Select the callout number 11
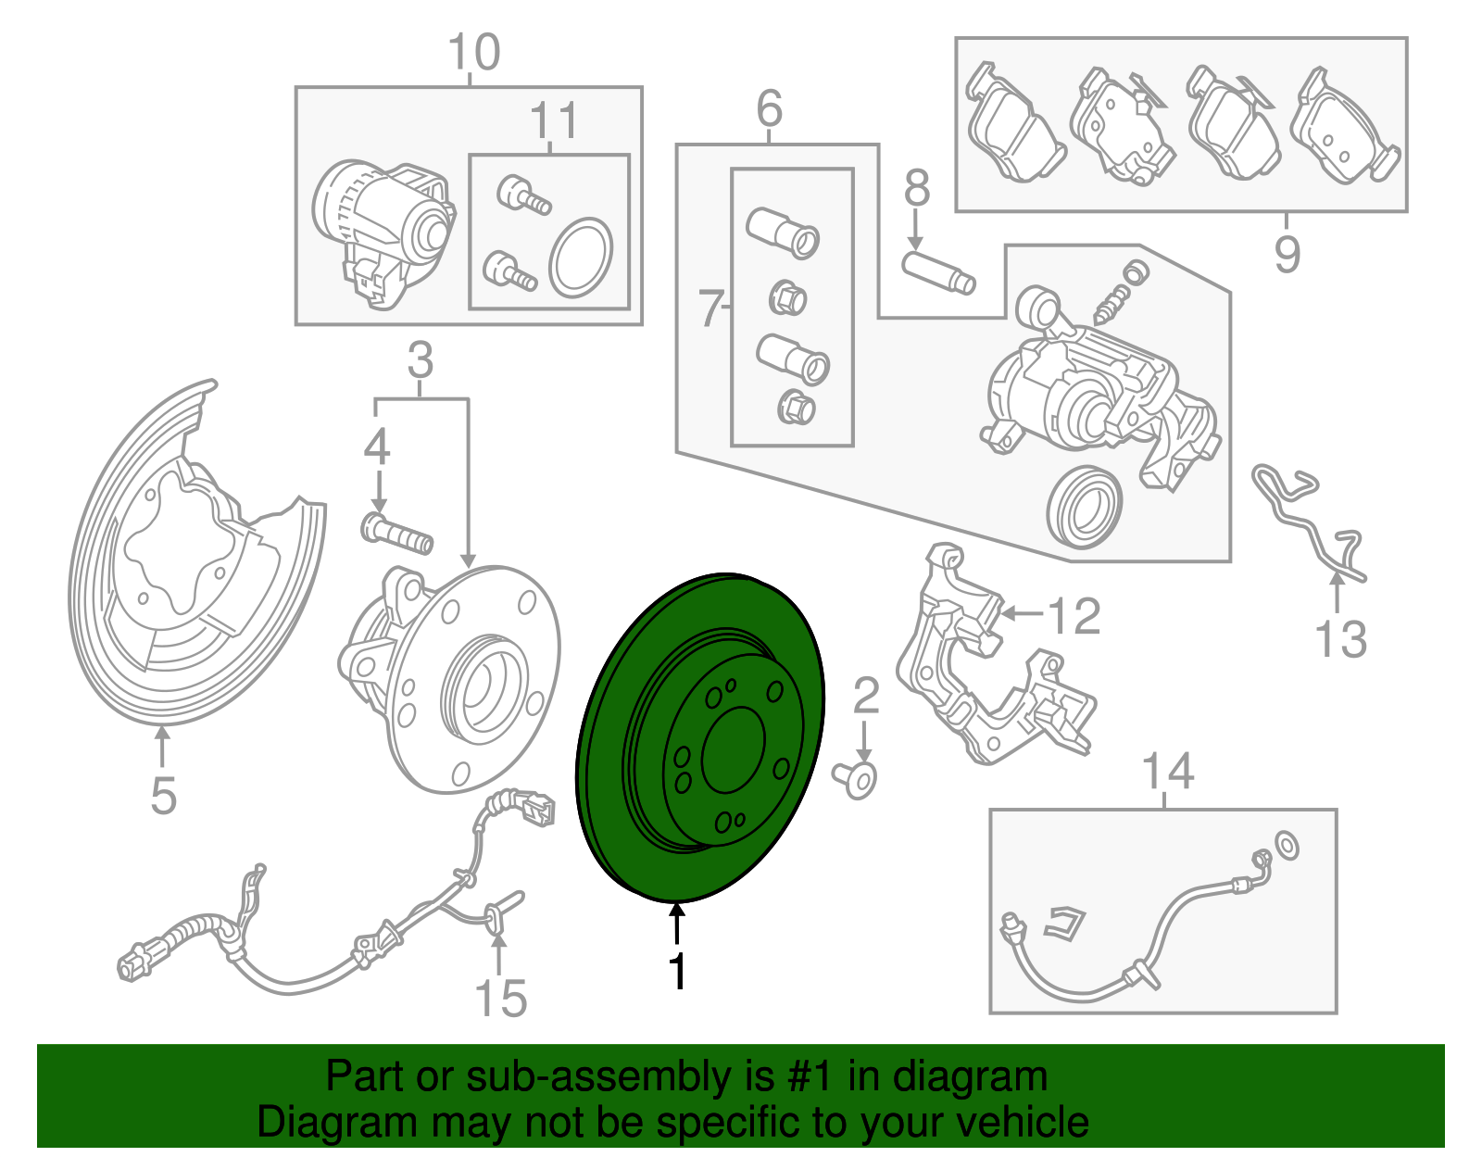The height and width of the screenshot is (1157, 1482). [554, 121]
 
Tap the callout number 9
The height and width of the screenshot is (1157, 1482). [1287, 254]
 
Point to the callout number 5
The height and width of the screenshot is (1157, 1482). [163, 795]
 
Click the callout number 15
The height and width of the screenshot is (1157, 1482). [500, 999]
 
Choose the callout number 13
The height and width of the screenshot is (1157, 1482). [1340, 639]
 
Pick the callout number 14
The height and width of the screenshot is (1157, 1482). [1168, 771]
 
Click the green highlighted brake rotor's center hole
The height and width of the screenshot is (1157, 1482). [734, 750]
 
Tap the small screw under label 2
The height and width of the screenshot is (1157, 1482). [855, 779]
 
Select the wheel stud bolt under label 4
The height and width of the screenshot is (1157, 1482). [396, 534]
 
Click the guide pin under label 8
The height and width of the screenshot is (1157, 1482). [938, 272]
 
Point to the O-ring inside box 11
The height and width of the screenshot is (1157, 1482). [581, 258]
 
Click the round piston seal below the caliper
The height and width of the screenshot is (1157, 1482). [1084, 508]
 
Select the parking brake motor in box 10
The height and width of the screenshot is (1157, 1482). [382, 232]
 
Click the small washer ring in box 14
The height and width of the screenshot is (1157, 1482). [1287, 846]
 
